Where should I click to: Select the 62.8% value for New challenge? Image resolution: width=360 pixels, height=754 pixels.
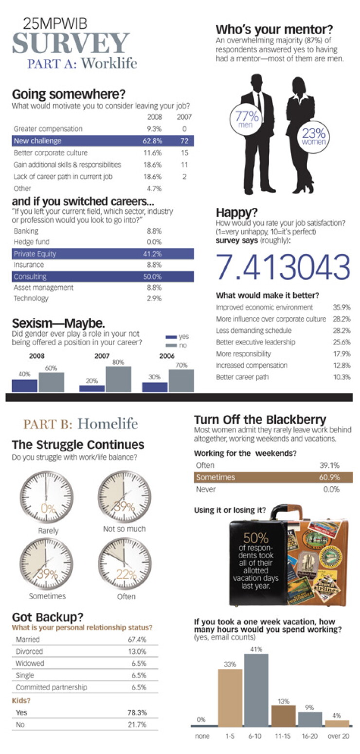coord(152,141)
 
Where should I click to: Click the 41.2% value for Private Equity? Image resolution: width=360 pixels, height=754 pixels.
coord(152,254)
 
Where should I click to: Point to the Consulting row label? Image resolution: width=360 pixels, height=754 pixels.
coord(30,276)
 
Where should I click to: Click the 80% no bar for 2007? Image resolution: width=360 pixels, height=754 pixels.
coord(118,379)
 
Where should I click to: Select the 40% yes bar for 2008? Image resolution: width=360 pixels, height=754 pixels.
coord(24,386)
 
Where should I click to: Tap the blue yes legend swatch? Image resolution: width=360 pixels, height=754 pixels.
coord(171,337)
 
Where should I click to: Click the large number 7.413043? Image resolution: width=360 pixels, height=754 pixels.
coord(283,267)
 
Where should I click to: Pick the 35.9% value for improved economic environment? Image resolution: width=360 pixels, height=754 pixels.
coord(342,307)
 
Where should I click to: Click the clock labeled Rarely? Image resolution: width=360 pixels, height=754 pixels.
coord(46,497)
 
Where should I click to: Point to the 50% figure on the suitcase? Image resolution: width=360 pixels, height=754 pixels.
coord(256,537)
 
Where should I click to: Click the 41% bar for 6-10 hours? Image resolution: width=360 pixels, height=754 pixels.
coord(256,690)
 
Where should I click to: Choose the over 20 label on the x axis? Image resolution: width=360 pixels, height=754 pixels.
coord(339,736)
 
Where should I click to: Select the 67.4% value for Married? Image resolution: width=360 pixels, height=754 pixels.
coord(137,640)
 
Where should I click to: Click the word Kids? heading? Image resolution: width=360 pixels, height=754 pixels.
coord(21,700)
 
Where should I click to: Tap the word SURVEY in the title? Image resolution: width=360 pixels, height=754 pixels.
coord(71,43)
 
